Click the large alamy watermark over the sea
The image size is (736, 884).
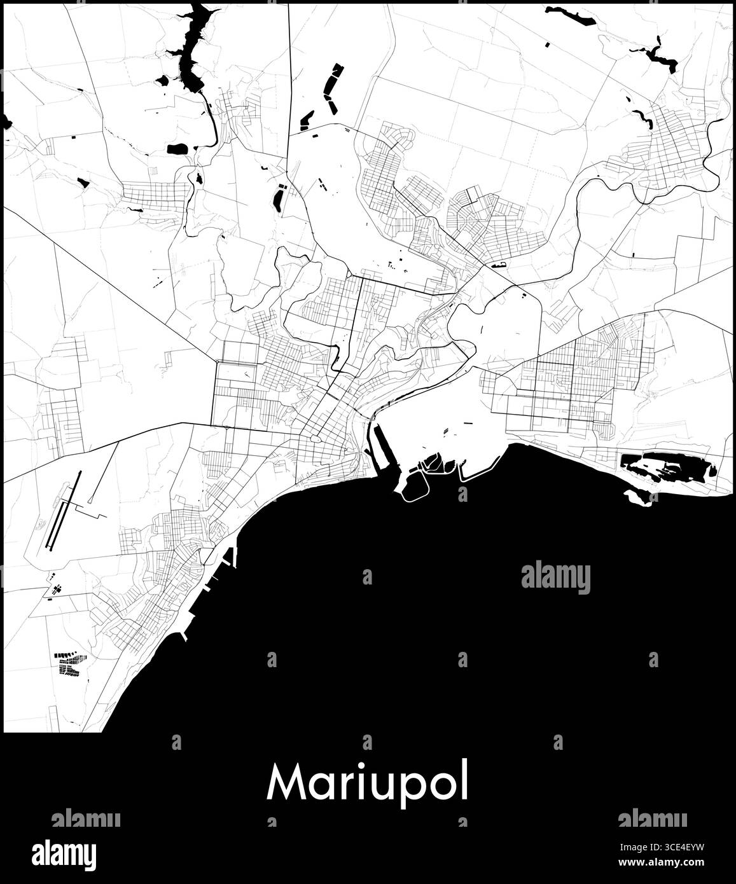point(555,577)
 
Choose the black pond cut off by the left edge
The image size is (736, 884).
point(7,121)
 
